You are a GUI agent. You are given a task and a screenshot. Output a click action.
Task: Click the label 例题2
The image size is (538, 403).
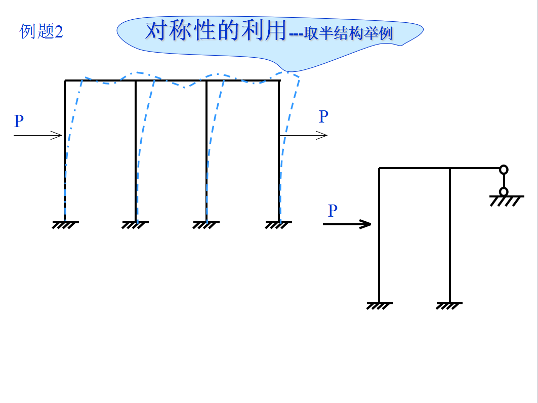click(42, 31)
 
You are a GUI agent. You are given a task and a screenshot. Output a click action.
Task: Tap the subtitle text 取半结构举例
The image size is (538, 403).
click(349, 34)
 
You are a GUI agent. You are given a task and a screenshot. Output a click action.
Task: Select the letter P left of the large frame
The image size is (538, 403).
click(19, 122)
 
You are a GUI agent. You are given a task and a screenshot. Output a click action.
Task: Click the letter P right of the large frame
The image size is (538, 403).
click(323, 116)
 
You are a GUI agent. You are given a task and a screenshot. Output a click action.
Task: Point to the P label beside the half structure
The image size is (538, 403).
click(333, 211)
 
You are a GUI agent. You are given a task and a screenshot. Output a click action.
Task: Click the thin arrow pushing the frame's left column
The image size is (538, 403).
click(38, 135)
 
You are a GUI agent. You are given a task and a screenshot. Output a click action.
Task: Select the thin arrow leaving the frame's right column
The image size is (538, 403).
click(304, 135)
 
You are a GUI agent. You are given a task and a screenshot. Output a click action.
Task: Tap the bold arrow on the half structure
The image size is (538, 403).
click(347, 224)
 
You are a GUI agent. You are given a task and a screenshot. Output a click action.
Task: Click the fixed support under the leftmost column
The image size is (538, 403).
click(65, 224)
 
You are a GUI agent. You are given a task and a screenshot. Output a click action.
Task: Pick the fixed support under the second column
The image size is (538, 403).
click(136, 224)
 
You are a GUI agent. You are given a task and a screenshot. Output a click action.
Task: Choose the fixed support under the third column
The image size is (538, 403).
click(206, 224)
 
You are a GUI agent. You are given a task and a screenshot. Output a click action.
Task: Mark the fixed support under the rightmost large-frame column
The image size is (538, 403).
click(279, 224)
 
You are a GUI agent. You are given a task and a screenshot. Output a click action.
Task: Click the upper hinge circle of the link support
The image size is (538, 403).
click(504, 170)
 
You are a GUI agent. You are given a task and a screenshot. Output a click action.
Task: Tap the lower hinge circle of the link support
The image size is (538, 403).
click(504, 191)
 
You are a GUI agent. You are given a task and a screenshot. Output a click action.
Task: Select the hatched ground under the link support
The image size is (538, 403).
click(506, 200)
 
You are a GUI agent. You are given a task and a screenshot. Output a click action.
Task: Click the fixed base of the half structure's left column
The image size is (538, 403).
click(379, 305)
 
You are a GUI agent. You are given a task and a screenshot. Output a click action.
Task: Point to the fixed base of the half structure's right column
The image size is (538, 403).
click(449, 305)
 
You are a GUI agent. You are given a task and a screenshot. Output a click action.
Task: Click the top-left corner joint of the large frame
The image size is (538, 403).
click(65, 80)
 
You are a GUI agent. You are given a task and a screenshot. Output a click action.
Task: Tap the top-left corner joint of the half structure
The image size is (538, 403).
click(380, 168)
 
